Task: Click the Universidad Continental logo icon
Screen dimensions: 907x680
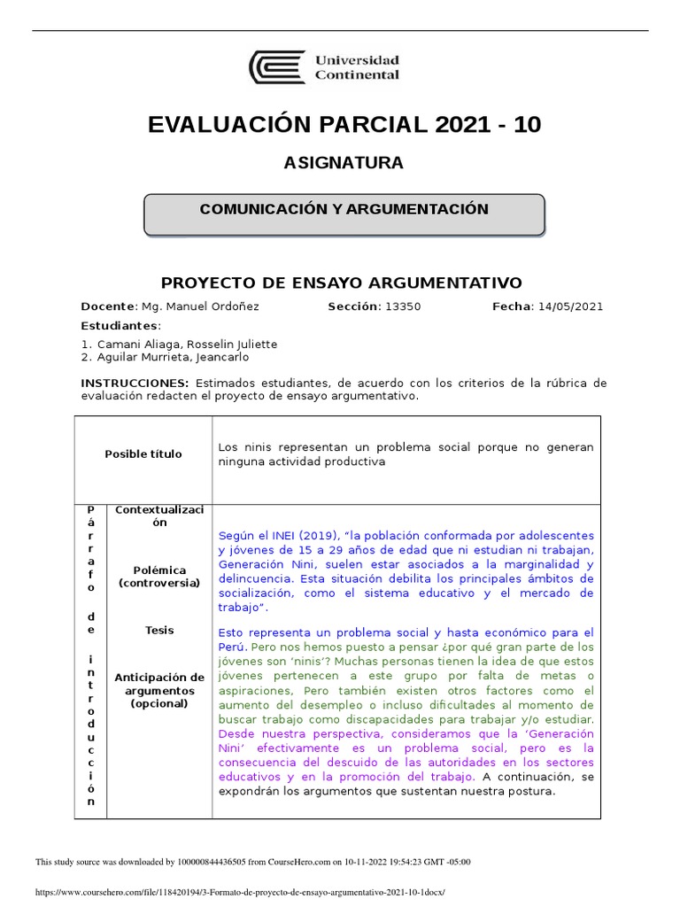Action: tap(277, 67)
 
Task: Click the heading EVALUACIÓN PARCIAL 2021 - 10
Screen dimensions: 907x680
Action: tap(344, 125)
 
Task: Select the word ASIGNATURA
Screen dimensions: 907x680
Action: tap(344, 163)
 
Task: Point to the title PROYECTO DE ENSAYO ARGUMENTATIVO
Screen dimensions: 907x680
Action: tap(341, 283)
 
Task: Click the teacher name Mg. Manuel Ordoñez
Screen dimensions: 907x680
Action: tap(200, 306)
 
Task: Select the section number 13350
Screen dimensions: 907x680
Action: tap(403, 306)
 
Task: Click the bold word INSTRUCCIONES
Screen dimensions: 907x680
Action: tap(135, 383)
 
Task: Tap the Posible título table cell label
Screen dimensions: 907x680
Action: tap(143, 454)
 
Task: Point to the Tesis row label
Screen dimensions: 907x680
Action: tap(159, 631)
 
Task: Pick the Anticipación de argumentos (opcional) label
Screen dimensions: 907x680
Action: tap(159, 691)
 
